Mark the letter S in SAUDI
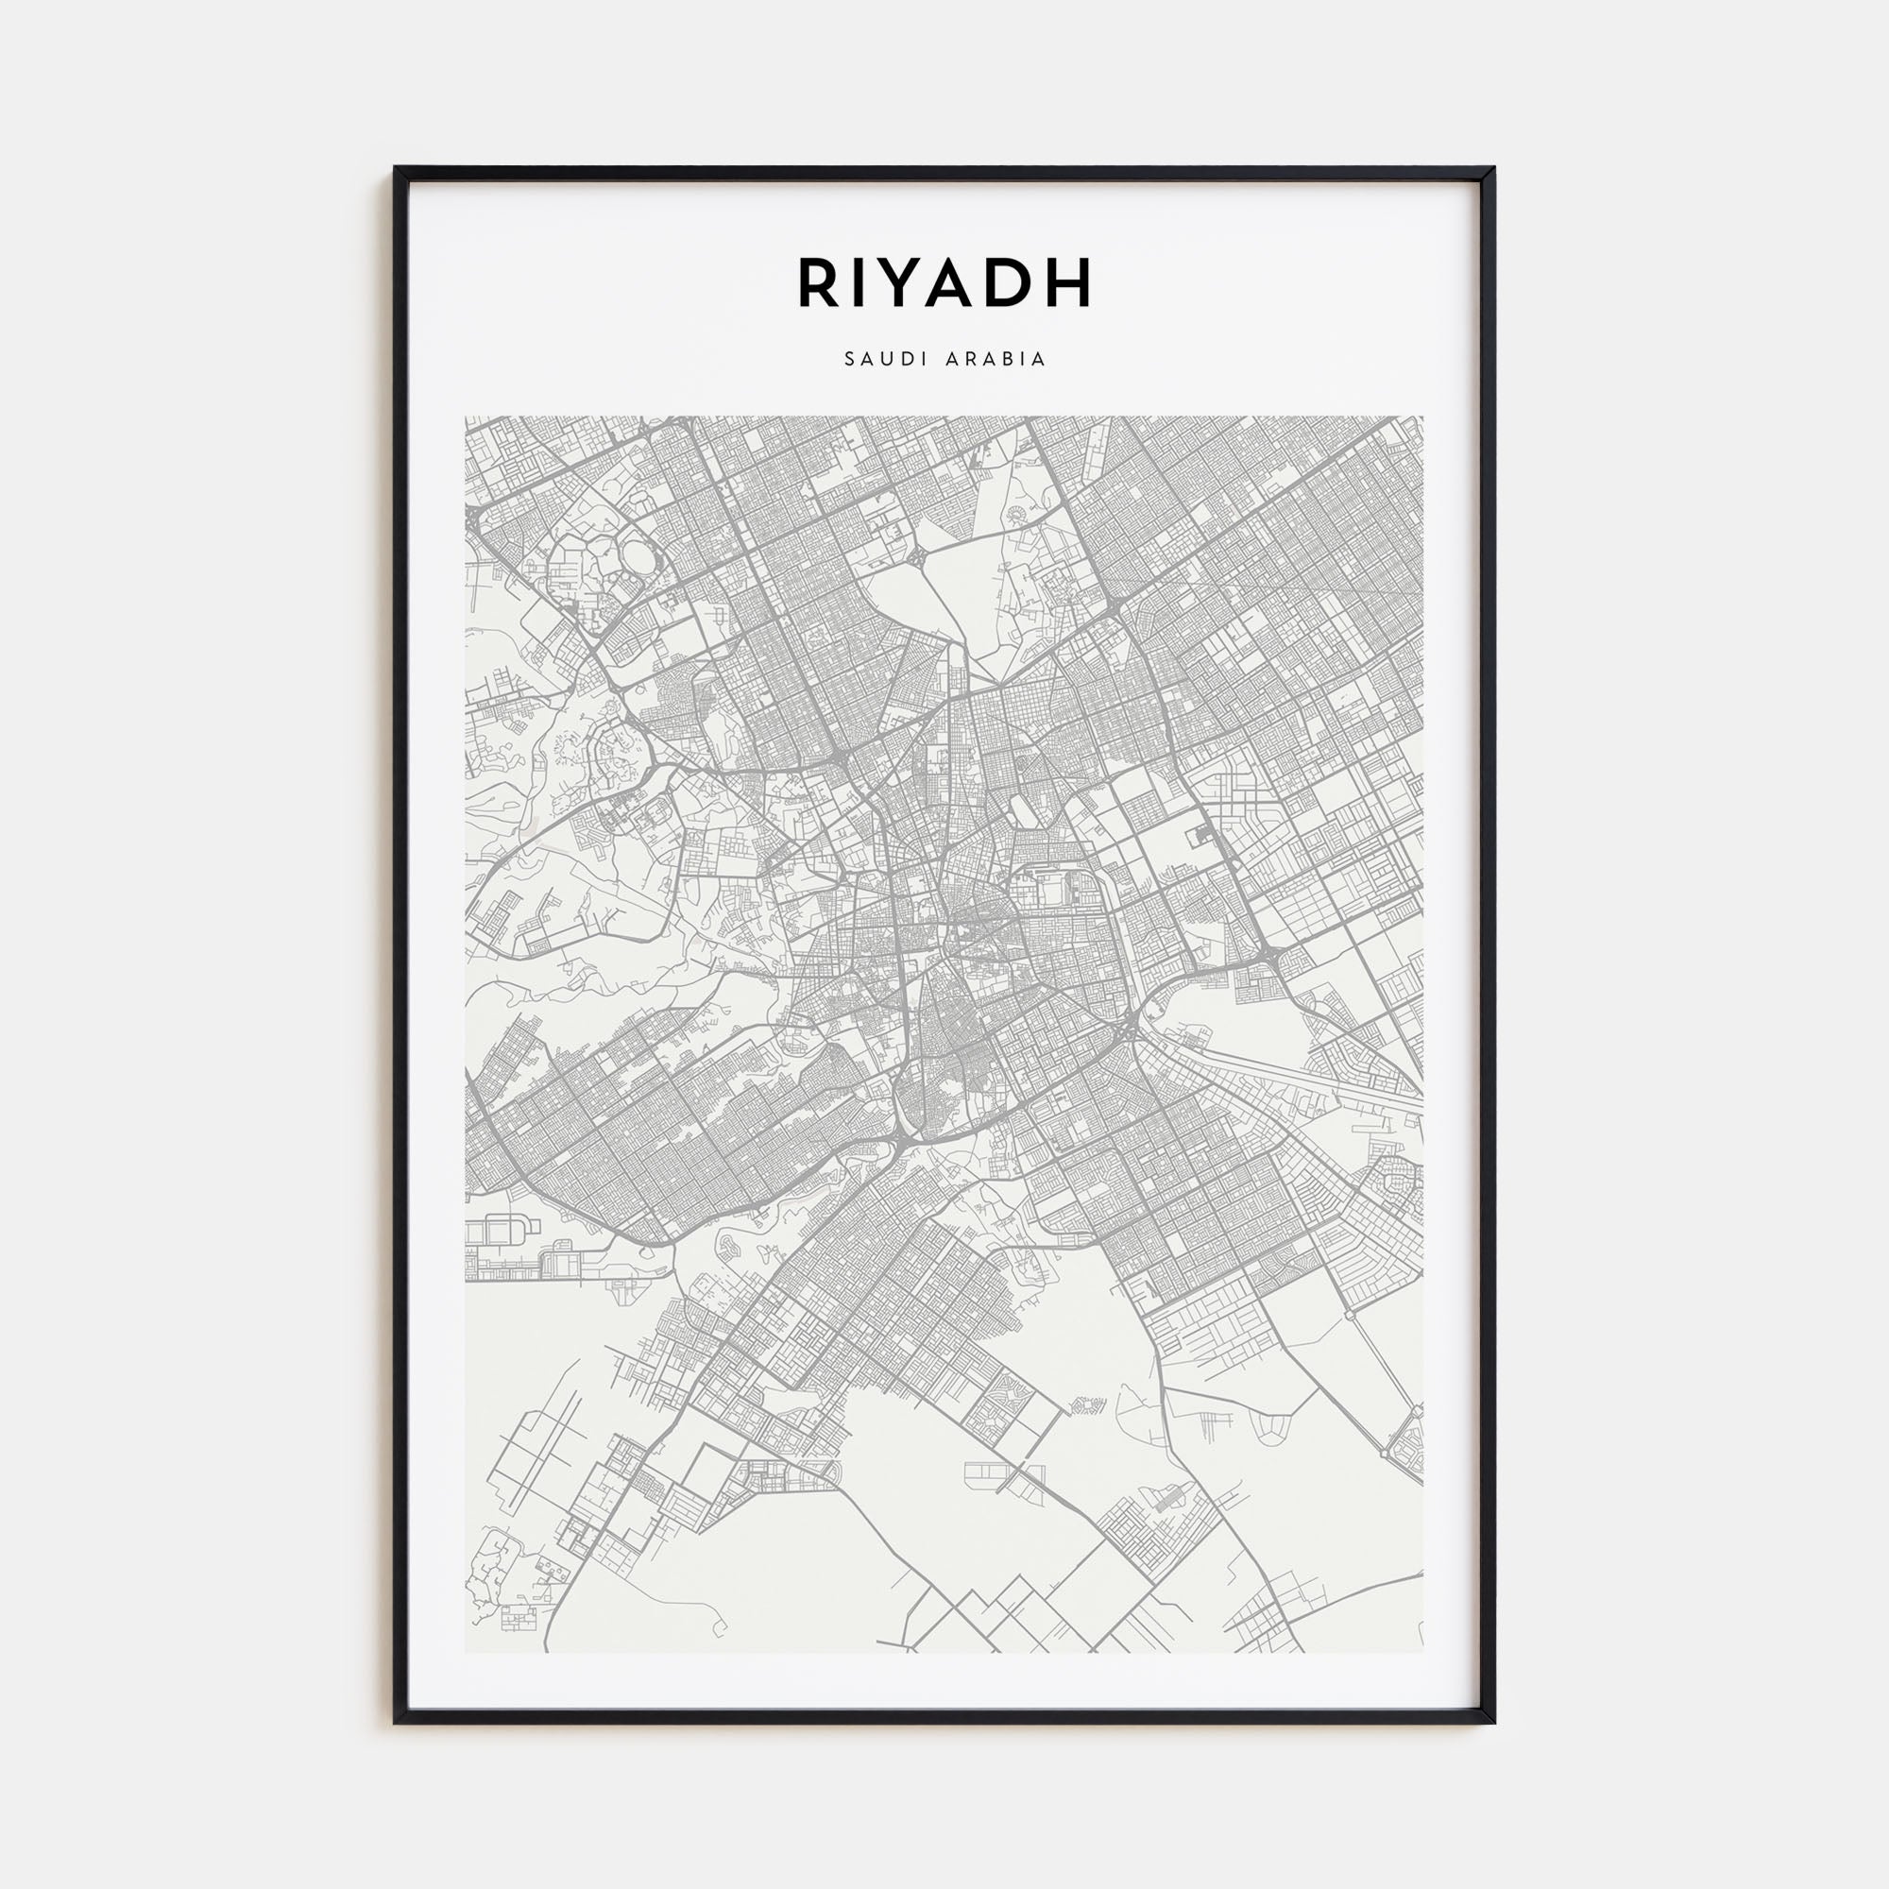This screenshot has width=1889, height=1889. pyautogui.click(x=848, y=360)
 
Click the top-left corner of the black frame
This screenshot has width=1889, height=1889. pyautogui.click(x=395, y=168)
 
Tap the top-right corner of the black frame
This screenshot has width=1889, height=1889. pyautogui.click(x=1494, y=168)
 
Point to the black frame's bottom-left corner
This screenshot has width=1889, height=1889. pyautogui.click(x=395, y=1723)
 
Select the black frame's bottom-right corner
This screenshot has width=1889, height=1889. pyautogui.click(x=1494, y=1723)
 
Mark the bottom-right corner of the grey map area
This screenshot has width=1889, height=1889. pyautogui.click(x=1422, y=1652)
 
